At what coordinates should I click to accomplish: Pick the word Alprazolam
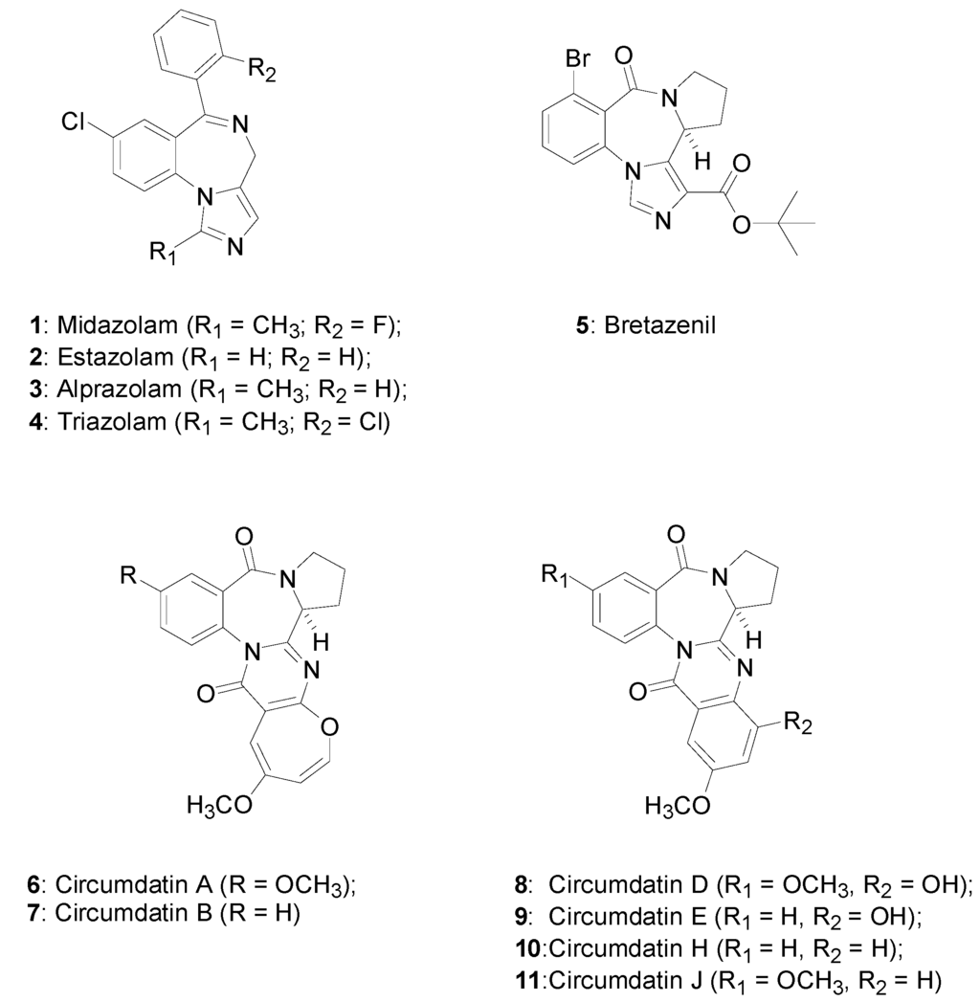coord(100,390)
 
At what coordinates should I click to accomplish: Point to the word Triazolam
coord(94,421)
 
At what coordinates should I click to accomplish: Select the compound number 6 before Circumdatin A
coord(33,885)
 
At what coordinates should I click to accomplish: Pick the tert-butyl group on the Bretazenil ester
coord(791,224)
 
